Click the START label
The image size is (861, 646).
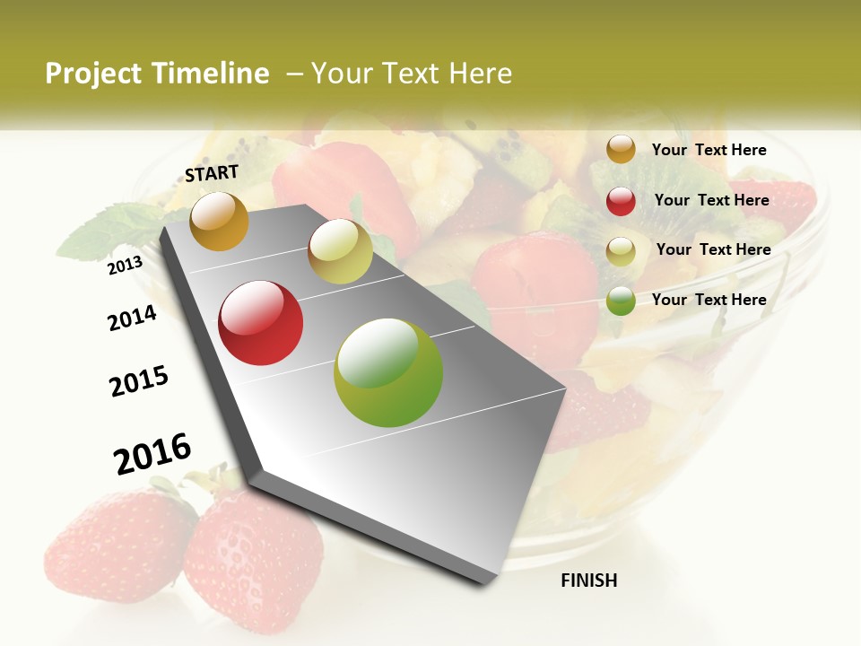point(212,173)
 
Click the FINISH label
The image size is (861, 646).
point(588,581)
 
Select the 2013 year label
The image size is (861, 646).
point(126,265)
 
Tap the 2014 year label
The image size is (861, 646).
point(132,318)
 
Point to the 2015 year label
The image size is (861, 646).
point(139,381)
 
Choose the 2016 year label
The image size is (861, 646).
point(152,453)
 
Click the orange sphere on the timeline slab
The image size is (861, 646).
point(219,221)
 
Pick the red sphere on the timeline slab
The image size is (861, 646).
point(261,323)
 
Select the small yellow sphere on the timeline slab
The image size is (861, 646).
point(340,251)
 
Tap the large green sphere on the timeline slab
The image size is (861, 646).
point(388,372)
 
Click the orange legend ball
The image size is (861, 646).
point(621,149)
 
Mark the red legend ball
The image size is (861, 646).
point(621,201)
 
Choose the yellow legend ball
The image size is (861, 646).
point(621,251)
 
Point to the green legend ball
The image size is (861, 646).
point(621,301)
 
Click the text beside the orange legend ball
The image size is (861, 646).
point(709,150)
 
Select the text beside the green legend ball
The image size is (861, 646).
point(709,300)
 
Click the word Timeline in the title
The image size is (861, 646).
point(211,74)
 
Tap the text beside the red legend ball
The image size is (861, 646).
point(711,200)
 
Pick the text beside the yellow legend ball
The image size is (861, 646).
point(713,249)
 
